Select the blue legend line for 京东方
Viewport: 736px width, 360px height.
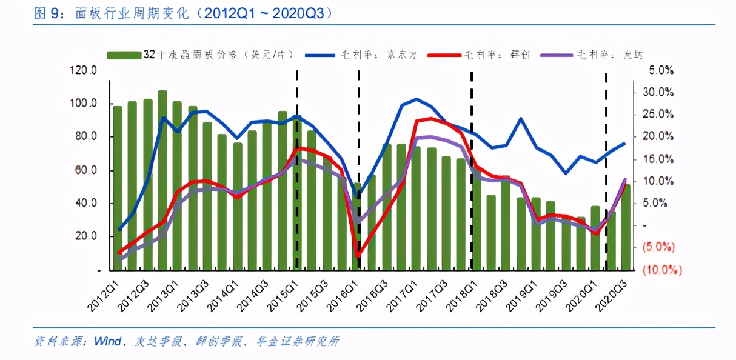click(x=328, y=55)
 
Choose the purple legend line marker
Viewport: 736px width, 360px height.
click(x=552, y=55)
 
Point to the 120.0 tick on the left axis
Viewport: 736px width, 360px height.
click(x=84, y=70)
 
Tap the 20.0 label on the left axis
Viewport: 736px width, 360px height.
click(x=86, y=236)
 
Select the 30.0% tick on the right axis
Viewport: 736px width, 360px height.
click(x=661, y=92)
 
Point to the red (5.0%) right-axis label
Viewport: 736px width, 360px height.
click(x=661, y=247)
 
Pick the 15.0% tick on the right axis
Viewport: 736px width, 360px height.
click(x=661, y=159)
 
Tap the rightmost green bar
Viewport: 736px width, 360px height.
click(x=625, y=227)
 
